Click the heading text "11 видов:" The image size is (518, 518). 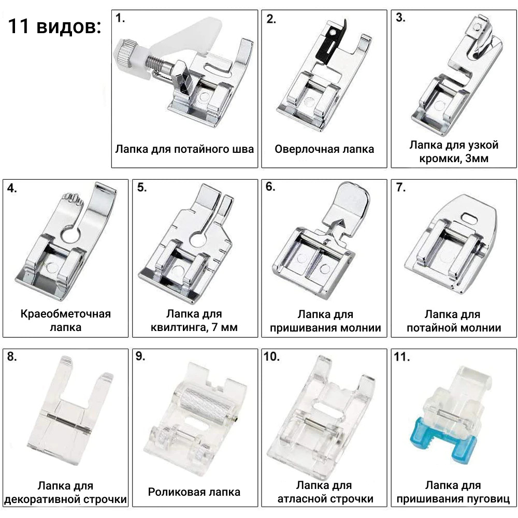click(54, 26)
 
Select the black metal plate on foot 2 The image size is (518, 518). click(332, 44)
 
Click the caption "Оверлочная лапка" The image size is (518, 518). click(324, 149)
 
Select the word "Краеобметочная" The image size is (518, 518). click(65, 313)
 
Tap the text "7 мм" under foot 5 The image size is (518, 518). click(224, 327)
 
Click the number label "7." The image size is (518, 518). click(401, 188)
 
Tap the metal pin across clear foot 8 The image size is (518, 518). click(69, 422)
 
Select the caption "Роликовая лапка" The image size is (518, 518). click(194, 492)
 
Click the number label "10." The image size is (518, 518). click(271, 356)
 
